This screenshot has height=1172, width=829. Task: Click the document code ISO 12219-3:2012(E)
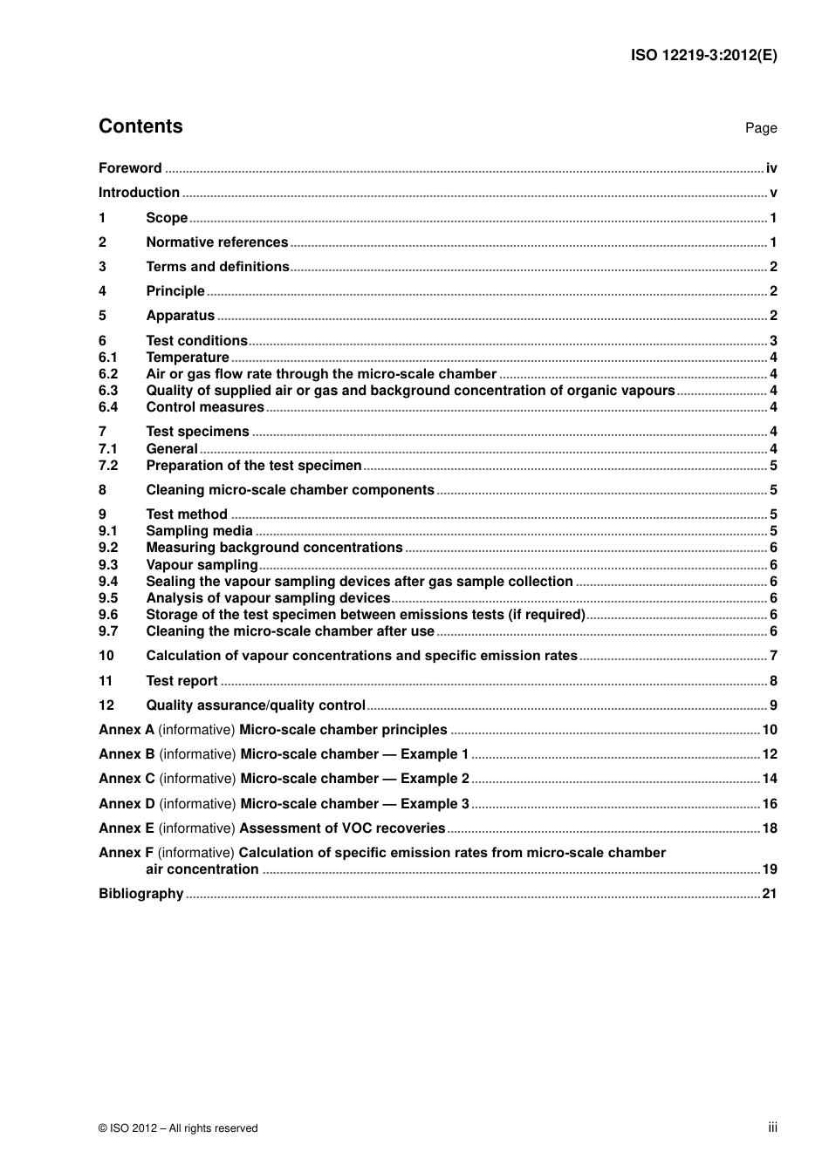pos(703,55)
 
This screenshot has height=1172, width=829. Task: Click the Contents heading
pos(140,126)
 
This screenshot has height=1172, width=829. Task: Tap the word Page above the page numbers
pos(760,128)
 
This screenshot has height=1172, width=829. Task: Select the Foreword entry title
pos(130,168)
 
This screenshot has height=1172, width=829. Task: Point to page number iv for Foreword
pos(771,168)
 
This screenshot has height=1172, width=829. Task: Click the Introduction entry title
pos(139,193)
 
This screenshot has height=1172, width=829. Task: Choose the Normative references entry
pos(216,242)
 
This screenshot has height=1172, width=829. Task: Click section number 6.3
pos(108,391)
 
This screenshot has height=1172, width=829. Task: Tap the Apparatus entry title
pos(180,316)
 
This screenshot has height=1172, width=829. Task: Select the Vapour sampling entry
pos(202,565)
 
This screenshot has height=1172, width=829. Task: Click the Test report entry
pos(182,681)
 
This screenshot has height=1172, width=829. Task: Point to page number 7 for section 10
pos(773,656)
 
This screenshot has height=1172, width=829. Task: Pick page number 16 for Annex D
pos(770,804)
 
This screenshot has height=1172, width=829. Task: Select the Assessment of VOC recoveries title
pos(342,828)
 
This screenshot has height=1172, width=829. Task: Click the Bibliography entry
pos(141,894)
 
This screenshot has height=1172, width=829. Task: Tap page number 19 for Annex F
pos(770,869)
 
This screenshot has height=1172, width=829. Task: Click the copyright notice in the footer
pos(178,1128)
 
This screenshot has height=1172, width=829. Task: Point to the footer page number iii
pos(772,1128)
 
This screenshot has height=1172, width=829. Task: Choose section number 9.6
pos(108,615)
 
